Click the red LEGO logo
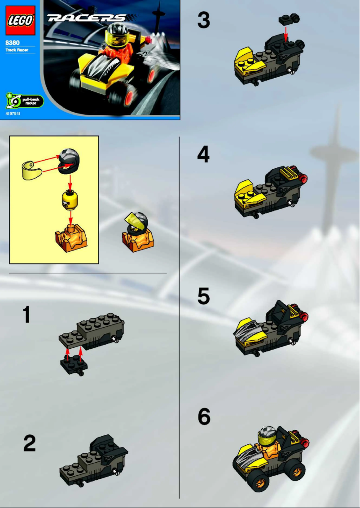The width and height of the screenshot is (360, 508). [x=20, y=21]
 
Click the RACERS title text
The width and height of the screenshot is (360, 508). [x=87, y=18]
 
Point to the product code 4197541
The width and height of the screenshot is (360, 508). [x=13, y=114]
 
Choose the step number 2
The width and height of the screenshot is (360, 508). [x=30, y=443]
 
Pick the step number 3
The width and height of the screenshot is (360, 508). [x=203, y=21]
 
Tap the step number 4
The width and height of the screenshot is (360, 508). [x=203, y=155]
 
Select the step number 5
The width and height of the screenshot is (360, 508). [x=203, y=296]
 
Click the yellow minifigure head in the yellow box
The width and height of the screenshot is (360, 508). [x=70, y=199]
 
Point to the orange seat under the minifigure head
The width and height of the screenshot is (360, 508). [x=70, y=236]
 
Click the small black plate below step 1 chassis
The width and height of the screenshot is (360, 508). [x=74, y=365]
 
